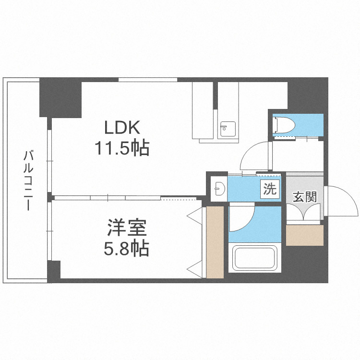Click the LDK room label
click(122, 128)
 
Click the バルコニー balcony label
click(28, 180)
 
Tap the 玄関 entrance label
click(303, 197)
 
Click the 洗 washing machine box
click(269, 189)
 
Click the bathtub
click(254, 259)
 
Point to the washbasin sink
click(219, 188)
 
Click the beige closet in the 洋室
click(215, 242)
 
